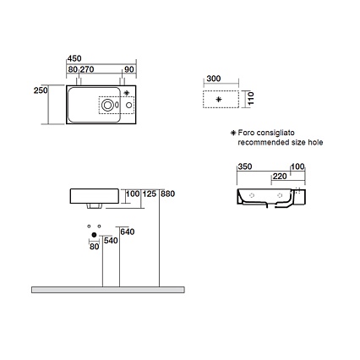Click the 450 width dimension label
pos(74,58)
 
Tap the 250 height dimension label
pos(41,90)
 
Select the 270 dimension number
pos(87,69)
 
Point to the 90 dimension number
pos(129,69)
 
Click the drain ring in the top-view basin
pos(107,105)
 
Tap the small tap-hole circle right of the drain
pos(128,105)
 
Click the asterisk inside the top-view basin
pos(127,92)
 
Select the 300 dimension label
pos(214,79)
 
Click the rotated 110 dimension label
pos(251,98)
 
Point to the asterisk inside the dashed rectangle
pos(219,99)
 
